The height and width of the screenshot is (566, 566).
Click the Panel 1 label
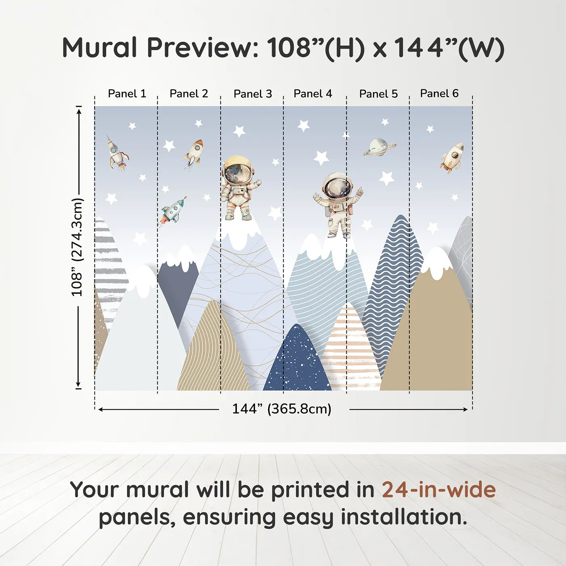point(127,93)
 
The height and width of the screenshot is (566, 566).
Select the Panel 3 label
point(253,94)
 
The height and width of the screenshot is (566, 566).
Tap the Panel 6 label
point(439,93)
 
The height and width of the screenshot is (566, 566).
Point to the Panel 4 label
point(313,93)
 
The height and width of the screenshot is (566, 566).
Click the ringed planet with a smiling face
point(379,148)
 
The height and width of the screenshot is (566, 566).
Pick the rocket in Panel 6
point(452,157)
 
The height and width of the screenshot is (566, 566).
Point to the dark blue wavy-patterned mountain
point(392,294)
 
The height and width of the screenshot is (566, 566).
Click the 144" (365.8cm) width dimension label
point(282,409)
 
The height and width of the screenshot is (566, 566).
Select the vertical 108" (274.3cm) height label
point(77,247)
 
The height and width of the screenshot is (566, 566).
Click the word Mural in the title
point(100,48)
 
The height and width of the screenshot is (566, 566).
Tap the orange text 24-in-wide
point(439,489)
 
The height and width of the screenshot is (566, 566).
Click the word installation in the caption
point(404,517)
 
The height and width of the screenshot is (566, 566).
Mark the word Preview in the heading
point(203,48)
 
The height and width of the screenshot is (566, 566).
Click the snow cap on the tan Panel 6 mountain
point(436,263)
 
